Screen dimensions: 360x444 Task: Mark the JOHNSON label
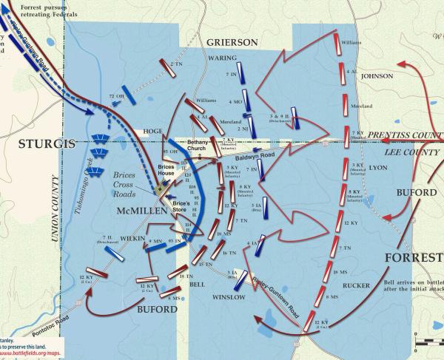377,75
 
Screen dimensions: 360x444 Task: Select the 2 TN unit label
176,64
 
